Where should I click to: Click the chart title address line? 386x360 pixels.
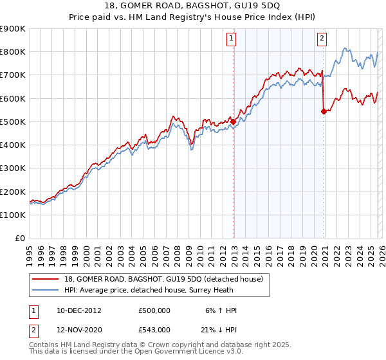(x=193, y=6)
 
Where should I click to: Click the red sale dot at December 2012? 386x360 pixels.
(x=234, y=122)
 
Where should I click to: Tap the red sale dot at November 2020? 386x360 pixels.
(x=324, y=111)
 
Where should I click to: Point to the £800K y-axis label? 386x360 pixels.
(x=13, y=52)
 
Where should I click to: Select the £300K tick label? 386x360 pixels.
(x=13, y=168)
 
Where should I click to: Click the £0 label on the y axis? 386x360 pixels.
(x=19, y=239)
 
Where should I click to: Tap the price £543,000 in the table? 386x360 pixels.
(x=154, y=329)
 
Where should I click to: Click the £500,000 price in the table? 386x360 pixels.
(x=154, y=310)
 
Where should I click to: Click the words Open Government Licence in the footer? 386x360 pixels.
(x=187, y=352)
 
